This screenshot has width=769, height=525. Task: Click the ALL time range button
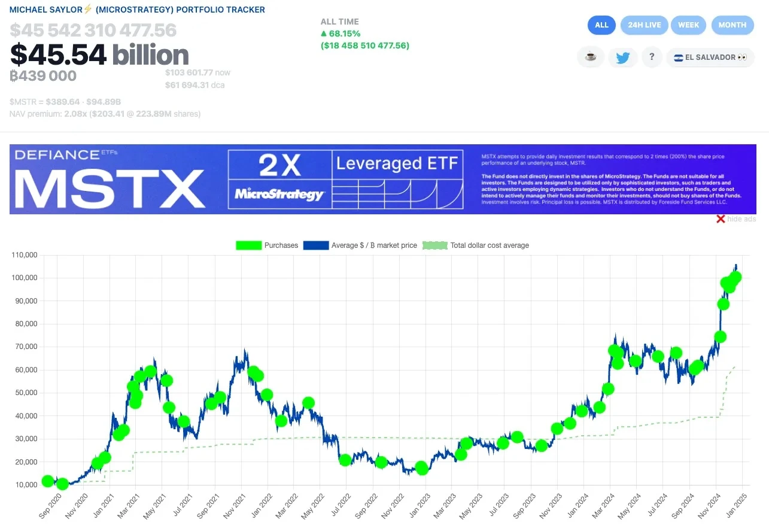point(601,25)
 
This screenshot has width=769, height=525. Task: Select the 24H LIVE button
point(644,25)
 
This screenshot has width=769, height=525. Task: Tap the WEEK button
point(688,25)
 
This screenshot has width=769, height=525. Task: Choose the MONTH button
point(732,25)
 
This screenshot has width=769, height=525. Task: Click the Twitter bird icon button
point(623,57)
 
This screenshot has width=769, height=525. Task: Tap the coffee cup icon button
point(591,57)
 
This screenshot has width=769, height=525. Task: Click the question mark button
point(651,57)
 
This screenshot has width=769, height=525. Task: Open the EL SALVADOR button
point(710,57)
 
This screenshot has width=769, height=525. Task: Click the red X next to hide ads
point(721,219)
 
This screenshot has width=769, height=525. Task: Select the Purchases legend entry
point(267,245)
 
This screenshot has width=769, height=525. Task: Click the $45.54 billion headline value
point(99,54)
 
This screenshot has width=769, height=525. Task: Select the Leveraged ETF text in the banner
point(397,163)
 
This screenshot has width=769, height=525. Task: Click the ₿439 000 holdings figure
point(43,76)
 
